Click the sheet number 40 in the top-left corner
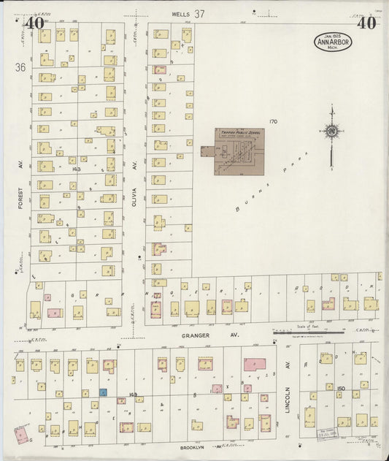[x=34, y=23]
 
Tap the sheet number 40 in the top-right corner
[x=367, y=23]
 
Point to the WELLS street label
[x=180, y=14]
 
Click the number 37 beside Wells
[x=199, y=14]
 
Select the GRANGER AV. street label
[x=215, y=335]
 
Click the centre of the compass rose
[x=332, y=132]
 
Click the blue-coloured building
[x=103, y=392]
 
